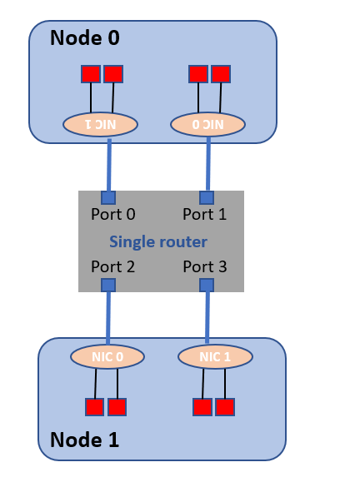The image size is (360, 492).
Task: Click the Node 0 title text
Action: coord(84,37)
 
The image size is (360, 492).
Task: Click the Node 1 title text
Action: coord(84,440)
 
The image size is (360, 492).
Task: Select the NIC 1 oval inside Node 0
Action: coord(100,124)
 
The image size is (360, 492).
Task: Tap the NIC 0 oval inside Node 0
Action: coord(207,124)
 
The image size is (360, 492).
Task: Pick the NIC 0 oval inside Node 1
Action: coord(107,356)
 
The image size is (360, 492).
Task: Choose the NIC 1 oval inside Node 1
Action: coord(215,356)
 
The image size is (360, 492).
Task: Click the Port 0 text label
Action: coord(112,214)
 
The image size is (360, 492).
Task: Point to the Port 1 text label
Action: coord(204,214)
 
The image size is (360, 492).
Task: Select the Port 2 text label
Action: coord(112,267)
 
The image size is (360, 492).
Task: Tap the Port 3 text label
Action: coord(204,267)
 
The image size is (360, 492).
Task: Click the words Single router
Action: coord(158,241)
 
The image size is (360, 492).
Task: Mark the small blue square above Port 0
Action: coord(107,197)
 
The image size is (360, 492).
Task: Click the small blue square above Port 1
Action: coord(207,197)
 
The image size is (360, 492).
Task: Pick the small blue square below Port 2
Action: coord(107,285)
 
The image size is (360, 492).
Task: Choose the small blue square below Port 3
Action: coord(207,285)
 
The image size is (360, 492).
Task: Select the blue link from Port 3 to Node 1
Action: coord(207,316)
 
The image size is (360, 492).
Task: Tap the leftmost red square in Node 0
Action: coord(90,73)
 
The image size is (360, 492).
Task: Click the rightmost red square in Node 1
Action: coord(224,406)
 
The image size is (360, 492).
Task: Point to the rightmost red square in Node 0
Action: coord(221,73)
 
